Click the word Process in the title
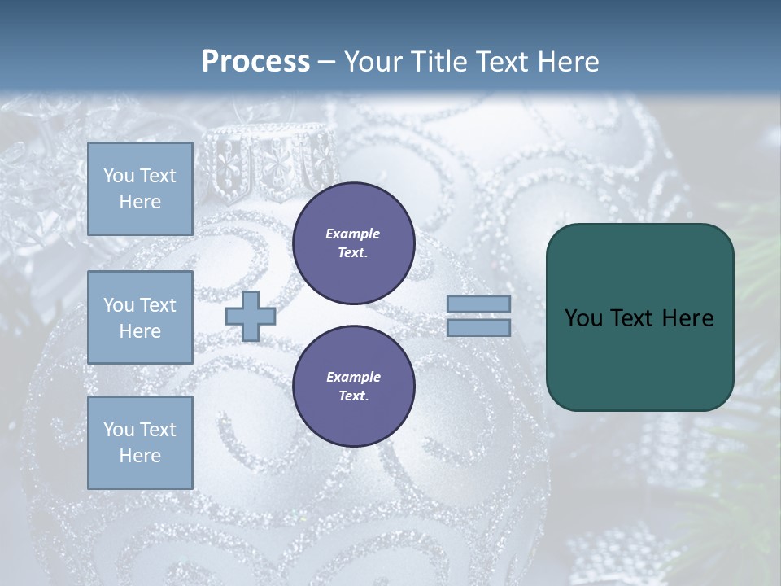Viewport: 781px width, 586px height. click(255, 62)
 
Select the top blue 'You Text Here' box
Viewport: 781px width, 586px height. click(140, 189)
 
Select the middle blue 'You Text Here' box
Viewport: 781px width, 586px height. click(140, 317)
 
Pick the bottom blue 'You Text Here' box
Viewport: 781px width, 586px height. click(140, 442)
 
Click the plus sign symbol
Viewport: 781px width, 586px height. click(251, 316)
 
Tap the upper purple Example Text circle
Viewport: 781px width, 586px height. click(354, 243)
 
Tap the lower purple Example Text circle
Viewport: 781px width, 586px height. click(354, 387)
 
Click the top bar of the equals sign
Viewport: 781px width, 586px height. click(478, 304)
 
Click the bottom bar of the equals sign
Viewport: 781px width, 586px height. click(478, 327)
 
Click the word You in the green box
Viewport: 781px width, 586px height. click(583, 318)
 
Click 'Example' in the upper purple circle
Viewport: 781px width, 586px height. click(353, 234)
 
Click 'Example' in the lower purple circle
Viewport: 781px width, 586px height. click(353, 377)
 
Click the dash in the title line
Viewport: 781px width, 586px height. click(327, 63)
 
